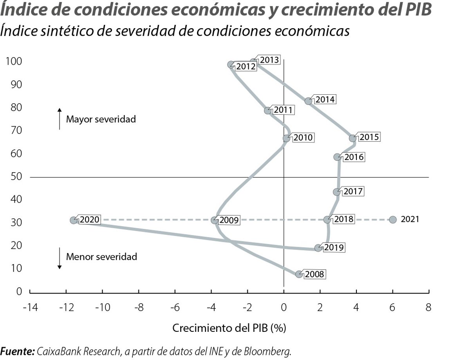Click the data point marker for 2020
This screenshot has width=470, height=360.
click(x=73, y=220)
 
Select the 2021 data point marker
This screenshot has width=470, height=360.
click(x=393, y=220)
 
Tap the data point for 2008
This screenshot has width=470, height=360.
click(x=299, y=274)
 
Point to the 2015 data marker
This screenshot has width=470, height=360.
click(x=352, y=138)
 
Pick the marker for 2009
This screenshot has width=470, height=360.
click(x=214, y=220)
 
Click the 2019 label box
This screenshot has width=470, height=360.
click(x=334, y=247)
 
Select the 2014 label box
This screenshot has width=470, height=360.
click(x=325, y=99)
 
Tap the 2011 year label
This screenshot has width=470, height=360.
click(x=283, y=110)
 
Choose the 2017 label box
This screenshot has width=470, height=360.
click(x=353, y=192)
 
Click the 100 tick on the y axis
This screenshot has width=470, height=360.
click(x=14, y=61)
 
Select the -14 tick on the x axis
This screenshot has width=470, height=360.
click(x=30, y=307)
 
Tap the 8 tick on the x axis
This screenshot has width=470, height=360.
click(x=428, y=307)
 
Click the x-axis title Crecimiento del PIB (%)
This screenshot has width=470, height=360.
click(x=229, y=328)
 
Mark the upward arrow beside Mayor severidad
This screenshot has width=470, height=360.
click(x=60, y=119)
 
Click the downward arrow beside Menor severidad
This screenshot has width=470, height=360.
click(x=60, y=258)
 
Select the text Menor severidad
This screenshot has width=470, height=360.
click(x=101, y=257)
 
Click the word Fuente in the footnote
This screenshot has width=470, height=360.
click(x=18, y=351)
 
